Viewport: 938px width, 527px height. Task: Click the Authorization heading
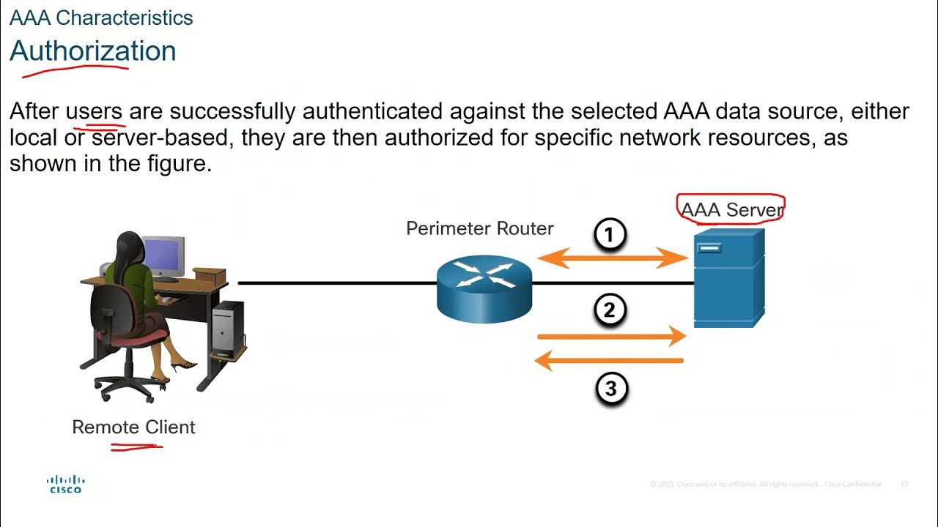[93, 51]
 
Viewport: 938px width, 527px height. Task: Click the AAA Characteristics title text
[101, 18]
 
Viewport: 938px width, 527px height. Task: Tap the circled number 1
[610, 236]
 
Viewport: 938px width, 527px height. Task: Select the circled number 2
[610, 310]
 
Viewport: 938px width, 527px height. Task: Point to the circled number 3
[611, 389]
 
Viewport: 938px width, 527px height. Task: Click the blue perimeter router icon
[484, 286]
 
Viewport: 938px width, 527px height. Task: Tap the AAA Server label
[731, 210]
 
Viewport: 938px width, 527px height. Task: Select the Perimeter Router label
[479, 228]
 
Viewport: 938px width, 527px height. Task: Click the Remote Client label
[133, 427]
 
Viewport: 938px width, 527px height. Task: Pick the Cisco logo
[66, 484]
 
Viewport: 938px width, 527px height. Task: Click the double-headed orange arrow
[613, 258]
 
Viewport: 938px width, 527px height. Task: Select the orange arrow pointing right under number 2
[611, 336]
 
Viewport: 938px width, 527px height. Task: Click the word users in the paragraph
[95, 111]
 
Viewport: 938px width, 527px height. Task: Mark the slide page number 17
[904, 485]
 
